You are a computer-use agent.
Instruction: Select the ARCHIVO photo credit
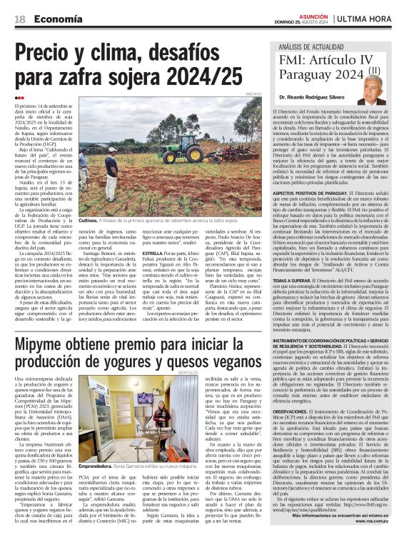(252, 94)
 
